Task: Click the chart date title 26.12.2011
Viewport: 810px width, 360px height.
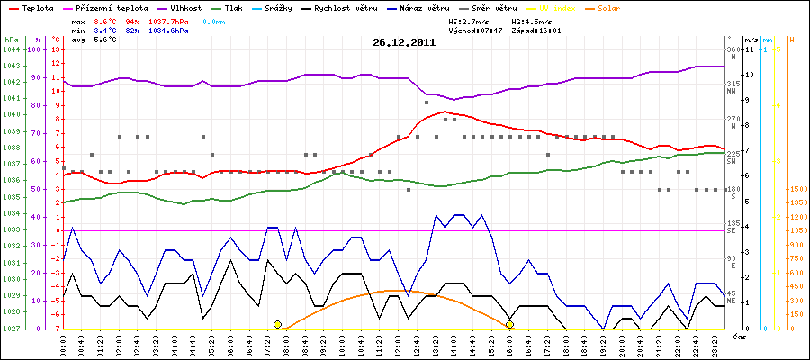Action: (x=404, y=41)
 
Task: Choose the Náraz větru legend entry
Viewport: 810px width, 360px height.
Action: (x=428, y=7)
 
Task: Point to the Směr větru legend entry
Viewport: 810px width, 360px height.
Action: (x=504, y=7)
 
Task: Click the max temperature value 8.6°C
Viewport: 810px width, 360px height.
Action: (x=105, y=20)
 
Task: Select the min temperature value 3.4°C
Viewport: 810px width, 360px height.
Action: (x=105, y=31)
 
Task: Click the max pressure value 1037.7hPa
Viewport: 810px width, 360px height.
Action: (x=168, y=20)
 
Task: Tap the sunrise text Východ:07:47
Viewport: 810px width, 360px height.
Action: (x=474, y=31)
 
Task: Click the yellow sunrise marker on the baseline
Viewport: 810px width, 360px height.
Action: (x=277, y=324)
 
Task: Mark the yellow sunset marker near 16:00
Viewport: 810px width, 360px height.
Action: (x=509, y=324)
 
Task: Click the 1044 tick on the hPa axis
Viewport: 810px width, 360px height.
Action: (x=11, y=49)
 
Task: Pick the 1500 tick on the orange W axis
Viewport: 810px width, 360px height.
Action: (x=796, y=190)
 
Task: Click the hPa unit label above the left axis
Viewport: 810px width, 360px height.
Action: (x=11, y=40)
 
